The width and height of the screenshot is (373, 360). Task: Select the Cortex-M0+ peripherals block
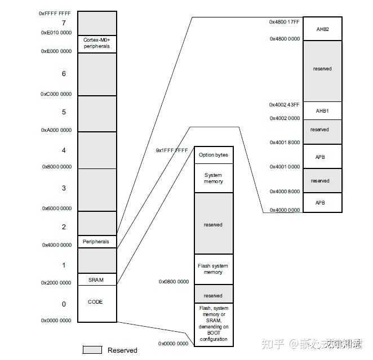click(97, 43)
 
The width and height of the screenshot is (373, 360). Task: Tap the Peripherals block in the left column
click(97, 242)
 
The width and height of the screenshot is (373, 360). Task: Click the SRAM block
click(97, 279)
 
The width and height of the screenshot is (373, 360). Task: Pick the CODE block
click(97, 303)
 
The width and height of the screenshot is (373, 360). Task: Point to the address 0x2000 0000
click(56, 283)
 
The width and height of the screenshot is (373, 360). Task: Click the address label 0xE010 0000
click(56, 33)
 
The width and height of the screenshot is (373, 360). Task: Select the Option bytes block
click(214, 155)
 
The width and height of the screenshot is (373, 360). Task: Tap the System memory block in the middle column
click(214, 178)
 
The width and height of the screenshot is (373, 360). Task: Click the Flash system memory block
click(214, 269)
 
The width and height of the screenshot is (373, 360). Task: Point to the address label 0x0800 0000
click(174, 281)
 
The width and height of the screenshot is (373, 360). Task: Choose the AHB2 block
click(323, 29)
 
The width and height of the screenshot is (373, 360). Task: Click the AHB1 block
click(323, 111)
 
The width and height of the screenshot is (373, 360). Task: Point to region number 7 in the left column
click(64, 23)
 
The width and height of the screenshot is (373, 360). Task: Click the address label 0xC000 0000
click(56, 94)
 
